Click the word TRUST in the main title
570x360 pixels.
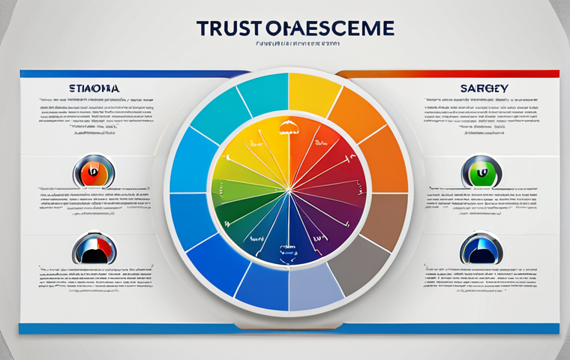click(227, 28)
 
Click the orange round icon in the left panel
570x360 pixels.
click(90, 172)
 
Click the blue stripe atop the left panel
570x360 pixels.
click(112, 73)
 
